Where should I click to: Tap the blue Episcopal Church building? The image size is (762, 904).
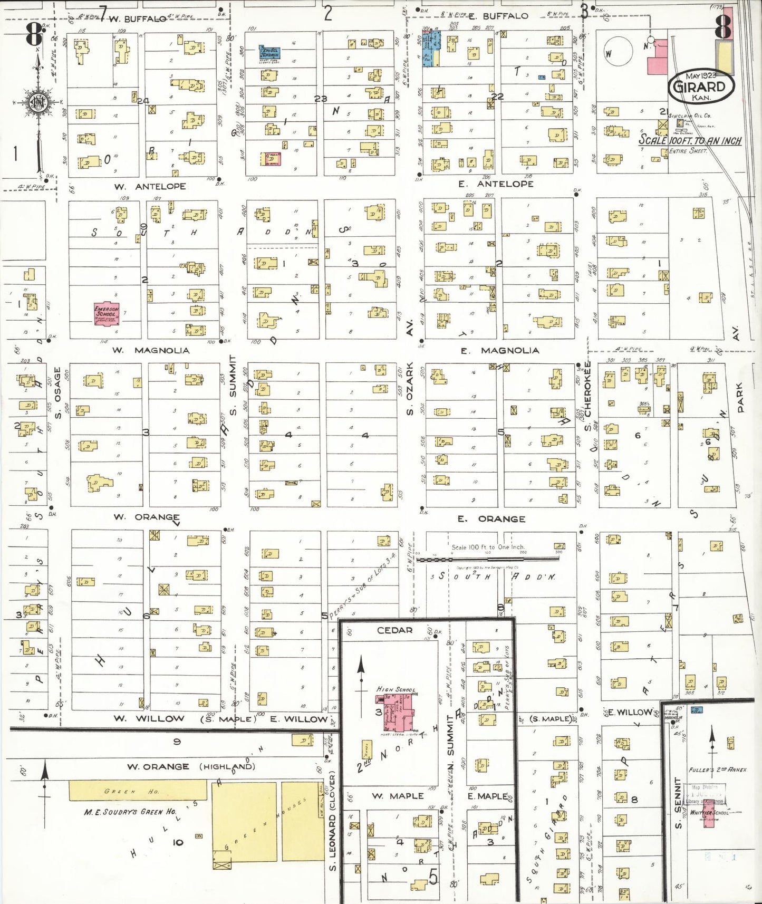pos(269,52)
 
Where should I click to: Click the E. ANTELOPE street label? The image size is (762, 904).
pos(497,184)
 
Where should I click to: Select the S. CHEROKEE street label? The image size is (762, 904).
pos(588,395)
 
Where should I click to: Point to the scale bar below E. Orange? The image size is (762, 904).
pos(488,559)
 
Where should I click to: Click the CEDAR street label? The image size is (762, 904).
pos(394,630)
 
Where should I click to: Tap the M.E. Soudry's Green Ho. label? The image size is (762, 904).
pos(130,812)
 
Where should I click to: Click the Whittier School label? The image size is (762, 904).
pos(709,813)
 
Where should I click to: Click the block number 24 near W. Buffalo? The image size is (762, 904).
pos(143,101)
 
